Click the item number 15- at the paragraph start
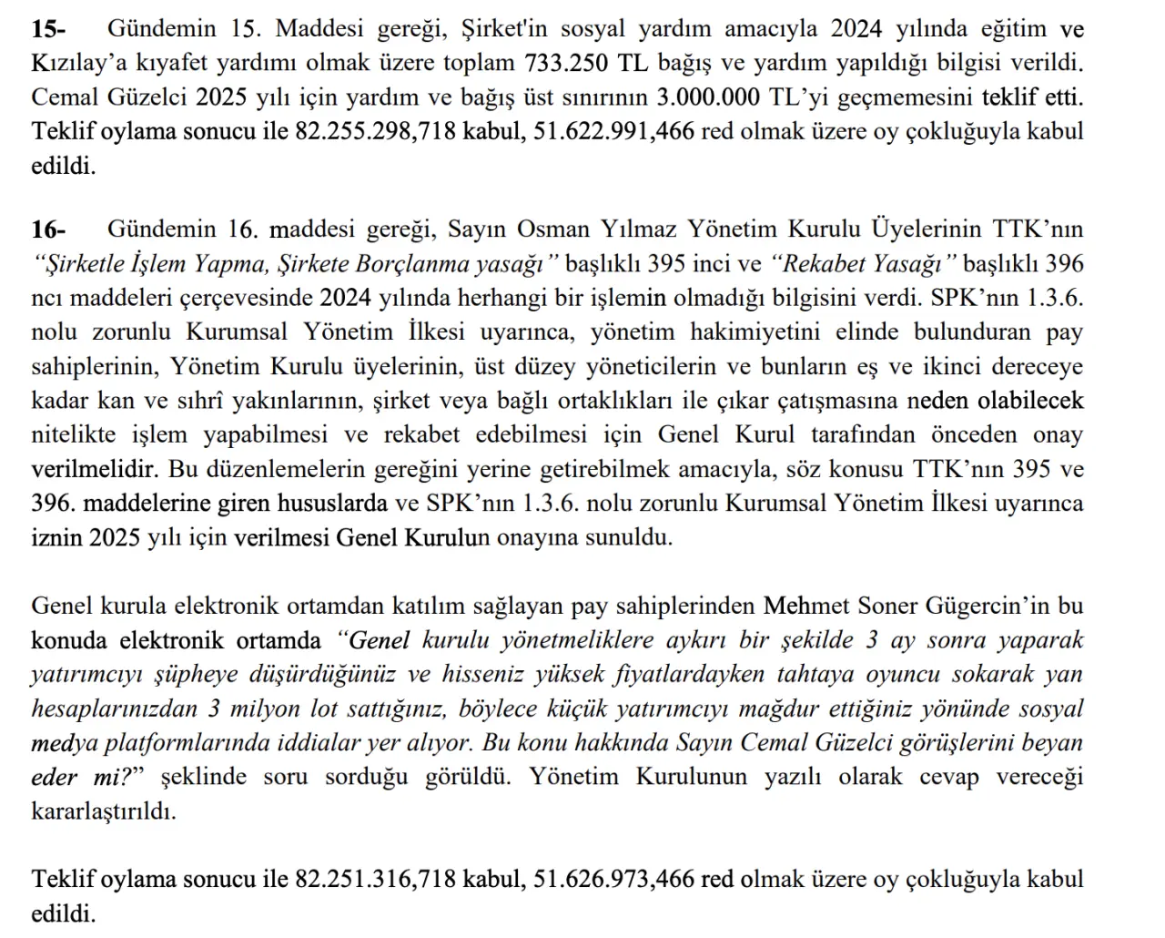tap(48, 28)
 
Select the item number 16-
tap(48, 229)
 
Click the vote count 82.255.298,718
tap(375, 131)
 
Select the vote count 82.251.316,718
tap(375, 879)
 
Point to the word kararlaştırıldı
tap(104, 811)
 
